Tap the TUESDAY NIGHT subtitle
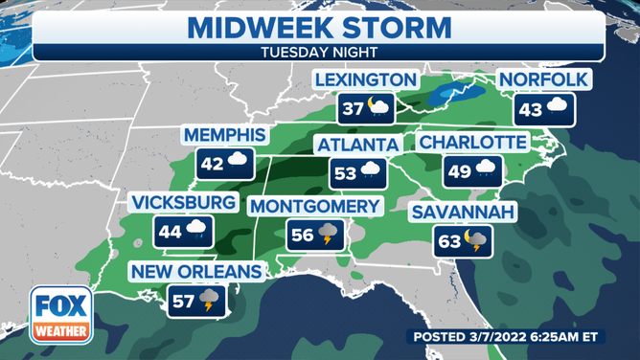[x=319, y=54]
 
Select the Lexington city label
[x=366, y=79]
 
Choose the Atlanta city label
[x=357, y=145]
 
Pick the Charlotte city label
[x=472, y=144]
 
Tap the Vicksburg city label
[x=185, y=203]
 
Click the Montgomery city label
[x=314, y=207]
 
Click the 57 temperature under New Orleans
[x=183, y=300]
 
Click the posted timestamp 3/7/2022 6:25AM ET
[x=520, y=337]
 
